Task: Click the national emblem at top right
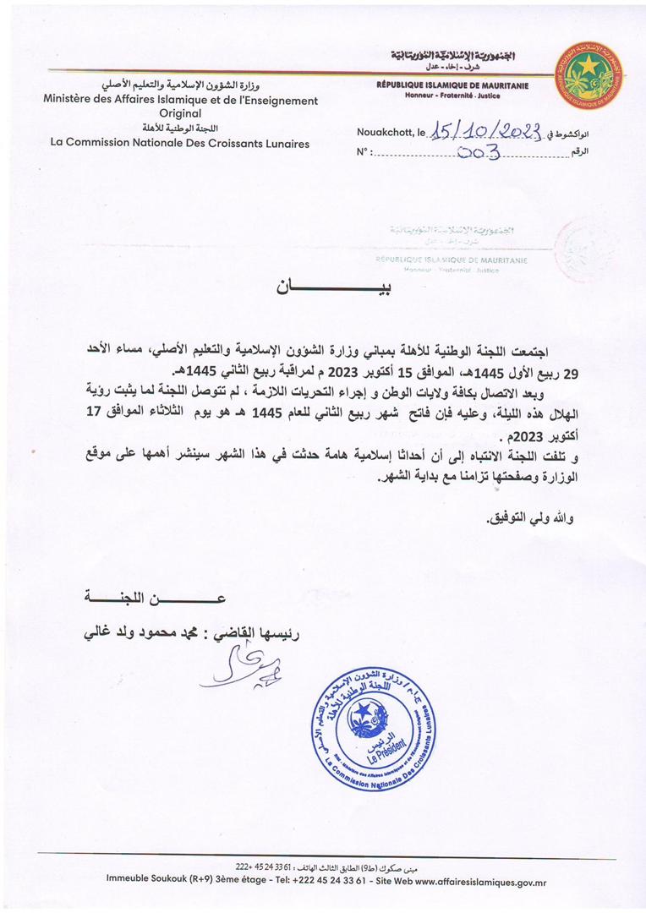coord(589,77)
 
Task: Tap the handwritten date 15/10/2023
coord(485,131)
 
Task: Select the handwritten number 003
coord(479,153)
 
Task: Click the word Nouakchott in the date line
coord(385,133)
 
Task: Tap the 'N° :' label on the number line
coord(364,154)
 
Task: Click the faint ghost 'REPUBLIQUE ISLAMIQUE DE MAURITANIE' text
coord(452,260)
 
